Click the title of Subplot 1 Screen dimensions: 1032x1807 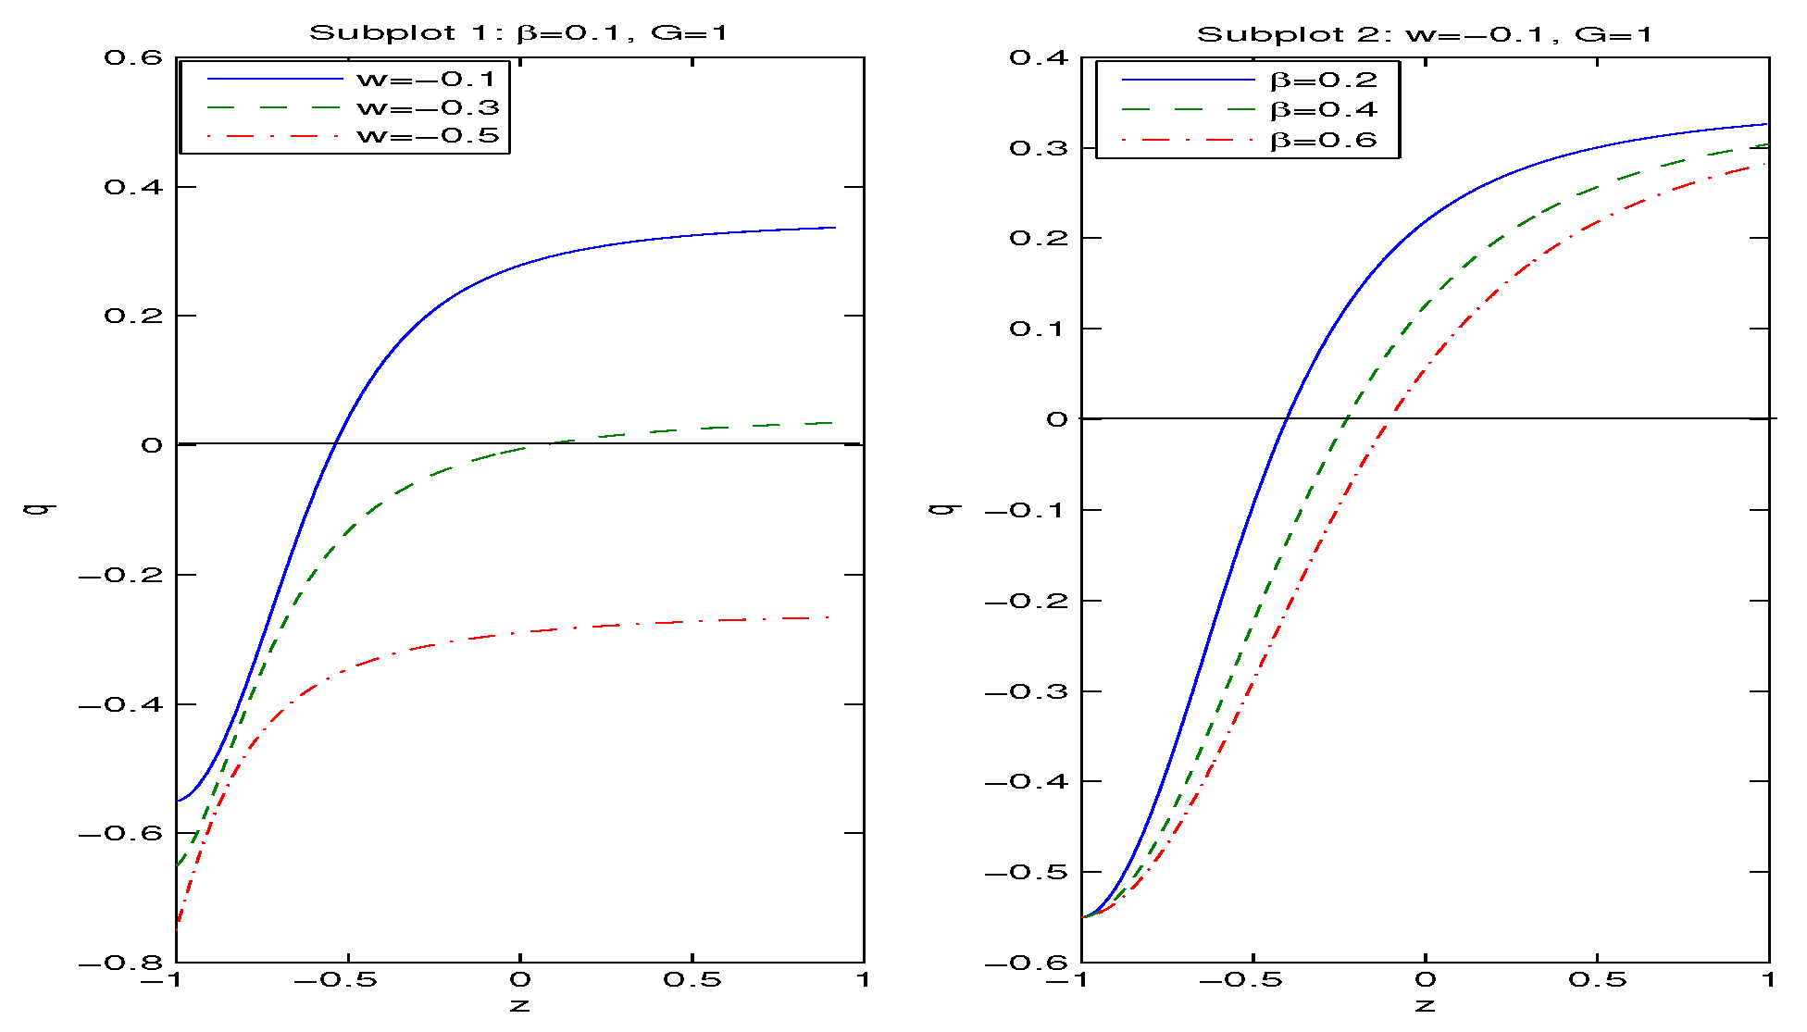pyautogui.click(x=518, y=33)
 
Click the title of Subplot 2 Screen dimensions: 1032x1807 pyautogui.click(x=1424, y=35)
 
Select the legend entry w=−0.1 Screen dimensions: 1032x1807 pyautogui.click(x=427, y=79)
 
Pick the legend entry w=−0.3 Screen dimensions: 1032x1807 pyautogui.click(x=427, y=107)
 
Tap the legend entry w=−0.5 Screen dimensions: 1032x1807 pyautogui.click(x=427, y=136)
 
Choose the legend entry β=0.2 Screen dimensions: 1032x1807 pyautogui.click(x=1323, y=81)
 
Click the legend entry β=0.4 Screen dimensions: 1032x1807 pyautogui.click(x=1323, y=110)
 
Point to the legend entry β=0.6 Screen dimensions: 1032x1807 pyautogui.click(x=1323, y=141)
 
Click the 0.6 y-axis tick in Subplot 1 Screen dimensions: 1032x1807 pyautogui.click(x=133, y=57)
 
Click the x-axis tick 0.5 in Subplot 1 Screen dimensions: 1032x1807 pyautogui.click(x=692, y=980)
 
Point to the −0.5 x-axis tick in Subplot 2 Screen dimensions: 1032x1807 pyautogui.click(x=1252, y=980)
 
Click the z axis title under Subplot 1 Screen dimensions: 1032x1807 pyautogui.click(x=519, y=1005)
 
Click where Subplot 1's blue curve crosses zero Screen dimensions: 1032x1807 pyautogui.click(x=335, y=443)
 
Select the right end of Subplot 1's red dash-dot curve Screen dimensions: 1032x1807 pyautogui.click(x=829, y=617)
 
